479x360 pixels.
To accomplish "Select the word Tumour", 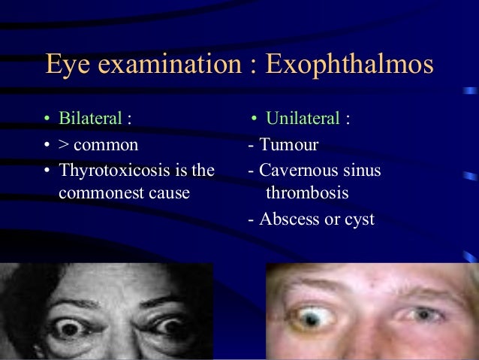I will (x=288, y=145).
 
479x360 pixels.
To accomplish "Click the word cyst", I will (x=358, y=221).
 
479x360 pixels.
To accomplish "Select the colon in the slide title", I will (x=246, y=66).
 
